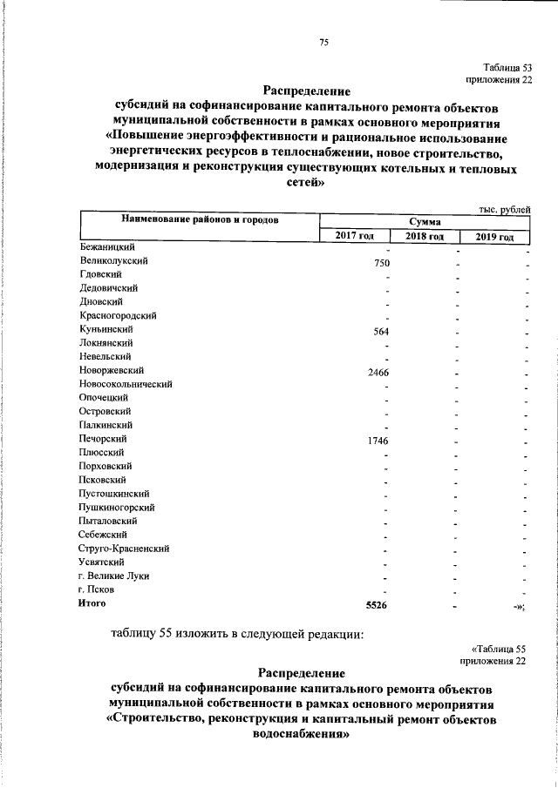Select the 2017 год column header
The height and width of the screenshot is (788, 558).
[353, 237]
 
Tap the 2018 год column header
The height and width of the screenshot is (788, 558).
[424, 237]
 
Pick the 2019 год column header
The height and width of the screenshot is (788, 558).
[494, 237]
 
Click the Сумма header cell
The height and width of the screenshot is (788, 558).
[424, 223]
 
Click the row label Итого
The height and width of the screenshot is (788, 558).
[92, 603]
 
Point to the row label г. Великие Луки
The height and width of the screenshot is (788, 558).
[109, 576]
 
